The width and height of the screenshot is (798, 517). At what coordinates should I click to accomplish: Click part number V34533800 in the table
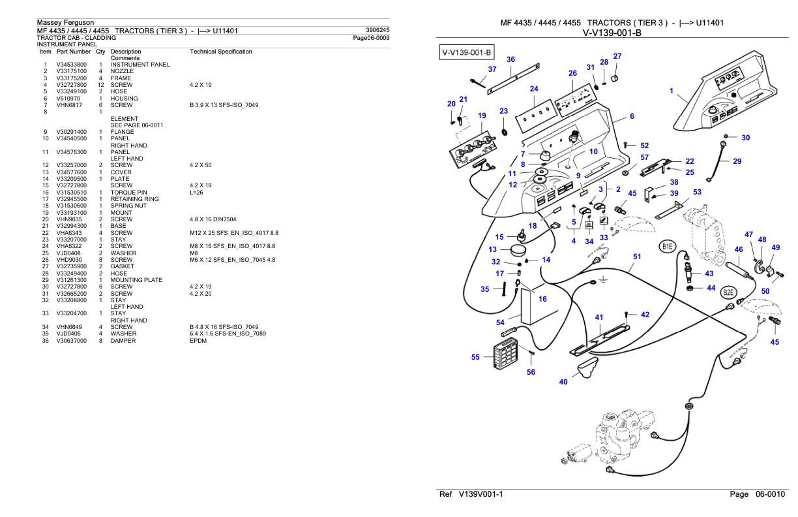click(71, 65)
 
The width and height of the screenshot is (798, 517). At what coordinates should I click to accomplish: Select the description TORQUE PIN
click(128, 193)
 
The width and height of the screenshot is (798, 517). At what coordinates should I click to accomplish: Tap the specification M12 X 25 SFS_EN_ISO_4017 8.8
click(234, 233)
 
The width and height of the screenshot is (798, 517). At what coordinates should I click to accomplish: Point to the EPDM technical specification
click(198, 341)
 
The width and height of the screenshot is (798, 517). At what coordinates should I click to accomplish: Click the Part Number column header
click(74, 52)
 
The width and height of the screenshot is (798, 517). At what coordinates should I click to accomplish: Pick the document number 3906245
click(377, 30)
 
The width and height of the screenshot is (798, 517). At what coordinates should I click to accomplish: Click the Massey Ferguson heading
click(66, 22)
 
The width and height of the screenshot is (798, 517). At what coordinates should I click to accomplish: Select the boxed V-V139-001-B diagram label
click(466, 52)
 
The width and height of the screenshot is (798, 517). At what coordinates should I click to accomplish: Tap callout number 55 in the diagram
click(475, 357)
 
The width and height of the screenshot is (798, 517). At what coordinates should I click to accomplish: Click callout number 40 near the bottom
click(563, 382)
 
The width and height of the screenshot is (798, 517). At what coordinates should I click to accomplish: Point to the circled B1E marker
click(667, 246)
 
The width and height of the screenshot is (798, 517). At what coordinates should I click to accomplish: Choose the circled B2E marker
click(728, 292)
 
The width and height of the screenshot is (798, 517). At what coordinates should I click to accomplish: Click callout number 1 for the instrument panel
click(672, 91)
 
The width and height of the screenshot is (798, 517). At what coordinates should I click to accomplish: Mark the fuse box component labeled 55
click(505, 353)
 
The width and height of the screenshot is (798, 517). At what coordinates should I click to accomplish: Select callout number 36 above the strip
click(511, 59)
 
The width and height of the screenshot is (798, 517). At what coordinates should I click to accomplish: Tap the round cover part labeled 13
click(518, 250)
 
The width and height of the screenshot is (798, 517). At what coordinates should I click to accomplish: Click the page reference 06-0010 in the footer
click(770, 494)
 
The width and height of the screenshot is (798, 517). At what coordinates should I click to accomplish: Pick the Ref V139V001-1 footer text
click(471, 494)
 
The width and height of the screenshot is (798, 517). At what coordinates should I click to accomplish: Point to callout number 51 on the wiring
click(637, 257)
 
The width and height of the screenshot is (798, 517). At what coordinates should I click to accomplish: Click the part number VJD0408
click(68, 253)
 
